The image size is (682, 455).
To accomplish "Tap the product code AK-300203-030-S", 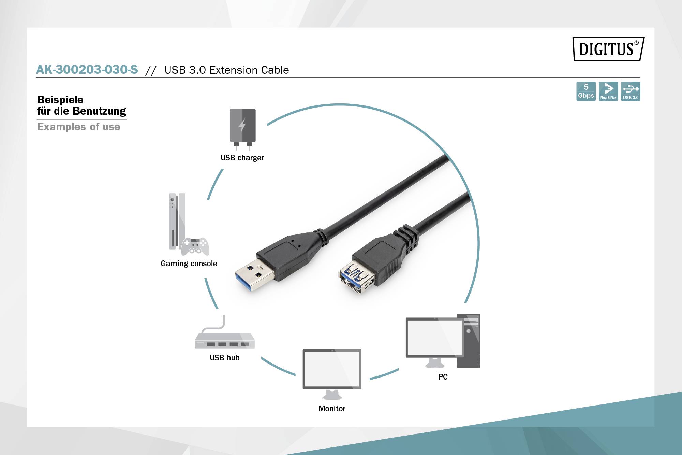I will coord(87,70).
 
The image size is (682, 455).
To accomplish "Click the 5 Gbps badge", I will coord(586,91).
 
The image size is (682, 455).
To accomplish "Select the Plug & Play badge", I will coord(608,91).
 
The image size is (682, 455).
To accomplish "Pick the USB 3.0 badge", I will coord(630,91).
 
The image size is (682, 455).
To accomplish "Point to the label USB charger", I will coord(242,158).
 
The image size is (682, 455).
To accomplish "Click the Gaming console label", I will coord(189,264).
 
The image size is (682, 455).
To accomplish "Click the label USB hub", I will coord(224,358).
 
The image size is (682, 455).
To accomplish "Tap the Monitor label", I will coord(332,409).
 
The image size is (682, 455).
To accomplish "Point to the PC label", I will coord(443,377).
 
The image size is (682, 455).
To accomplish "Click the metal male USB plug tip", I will coord(254,275).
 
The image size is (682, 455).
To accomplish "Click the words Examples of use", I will coord(78,127).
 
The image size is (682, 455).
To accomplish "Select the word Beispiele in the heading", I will coord(60,100).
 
